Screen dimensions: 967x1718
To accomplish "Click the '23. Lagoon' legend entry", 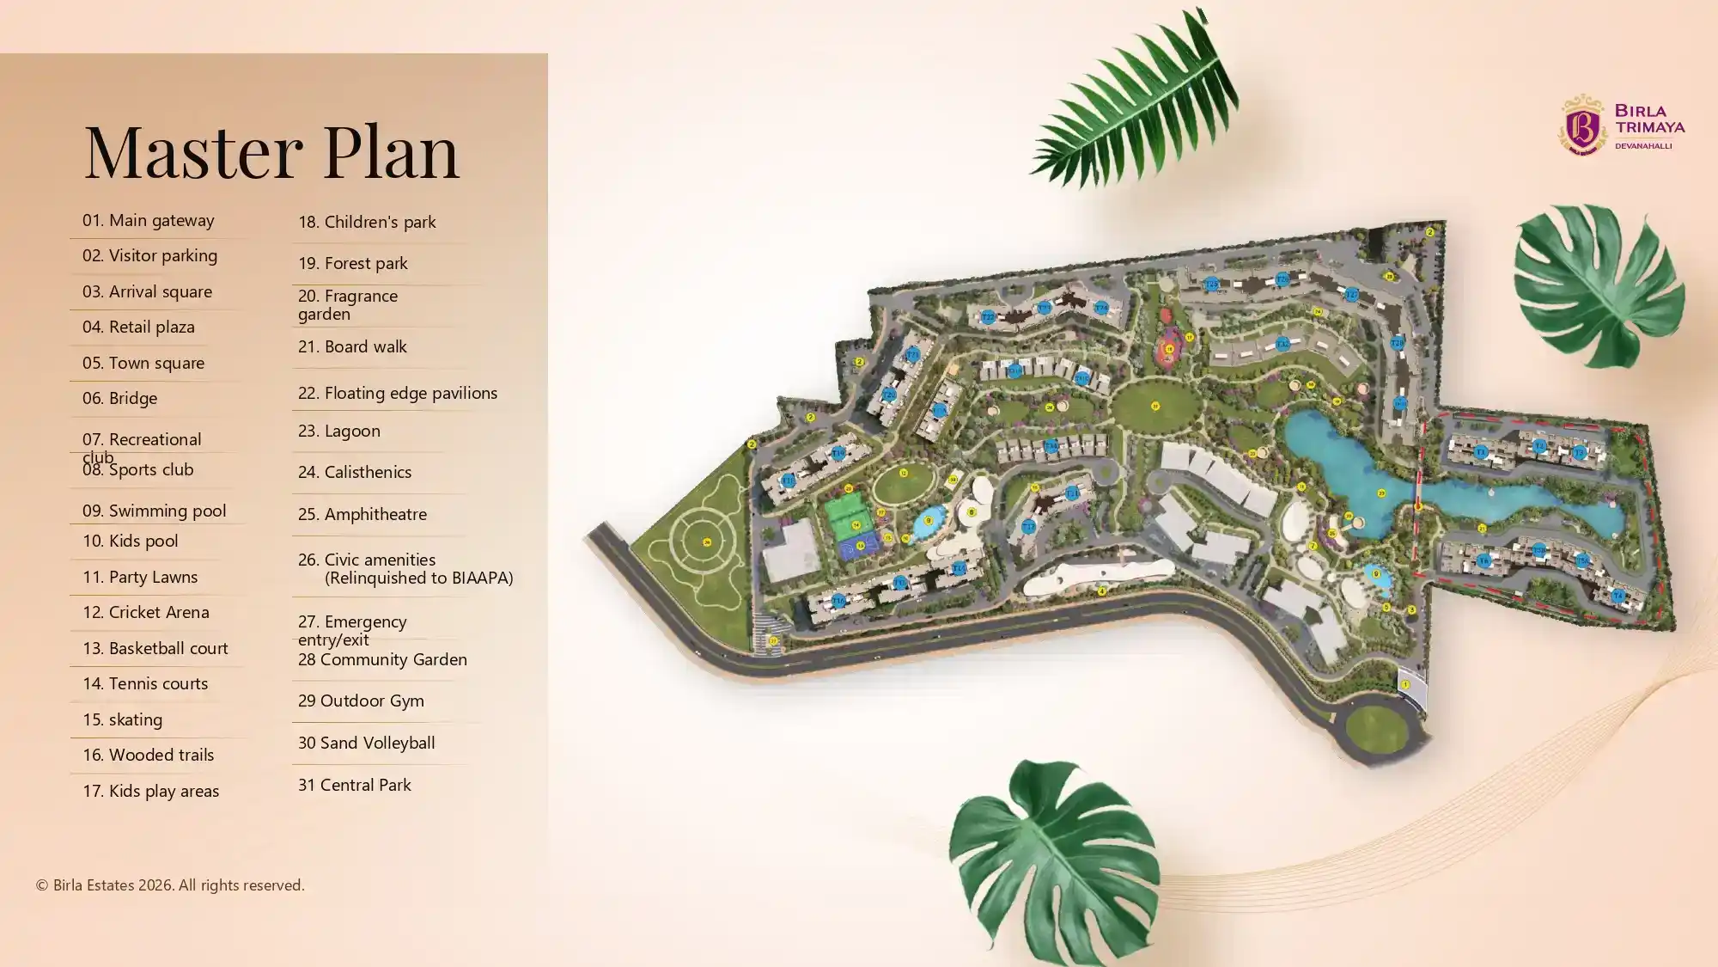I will pyautogui.click(x=338, y=431).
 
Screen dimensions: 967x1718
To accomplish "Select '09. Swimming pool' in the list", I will pyautogui.click(x=154, y=511).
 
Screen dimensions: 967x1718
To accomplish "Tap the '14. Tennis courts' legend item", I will pyautogui.click(x=145, y=683).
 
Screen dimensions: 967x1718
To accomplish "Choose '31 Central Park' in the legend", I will pyautogui.click(x=354, y=785).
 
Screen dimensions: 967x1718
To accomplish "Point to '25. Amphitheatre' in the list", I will pyautogui.click(x=362, y=514).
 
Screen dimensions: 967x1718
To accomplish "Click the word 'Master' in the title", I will pyautogui.click(x=193, y=151).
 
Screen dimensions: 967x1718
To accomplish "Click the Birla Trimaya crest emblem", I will pyautogui.click(x=1582, y=125).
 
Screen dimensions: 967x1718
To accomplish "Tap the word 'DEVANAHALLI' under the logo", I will pyautogui.click(x=1642, y=146).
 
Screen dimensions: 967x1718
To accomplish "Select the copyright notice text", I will pyautogui.click(x=170, y=884).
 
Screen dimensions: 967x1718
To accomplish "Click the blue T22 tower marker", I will pyautogui.click(x=988, y=317).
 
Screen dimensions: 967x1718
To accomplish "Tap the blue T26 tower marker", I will pyautogui.click(x=1282, y=279).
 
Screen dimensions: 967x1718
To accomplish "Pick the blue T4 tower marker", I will pyautogui.click(x=1617, y=596).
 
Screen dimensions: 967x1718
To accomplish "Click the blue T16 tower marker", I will pyautogui.click(x=838, y=453).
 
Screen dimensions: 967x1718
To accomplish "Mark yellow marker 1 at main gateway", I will pyautogui.click(x=1405, y=684).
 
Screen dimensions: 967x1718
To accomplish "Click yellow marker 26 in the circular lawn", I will pyautogui.click(x=707, y=542).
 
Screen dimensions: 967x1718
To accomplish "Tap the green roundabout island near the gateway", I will pyautogui.click(x=1376, y=728).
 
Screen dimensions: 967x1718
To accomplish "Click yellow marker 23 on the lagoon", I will pyautogui.click(x=1381, y=493).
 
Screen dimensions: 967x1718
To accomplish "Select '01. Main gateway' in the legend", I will pyautogui.click(x=148, y=220).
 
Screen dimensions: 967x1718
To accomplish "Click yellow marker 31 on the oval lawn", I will pyautogui.click(x=1155, y=406).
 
